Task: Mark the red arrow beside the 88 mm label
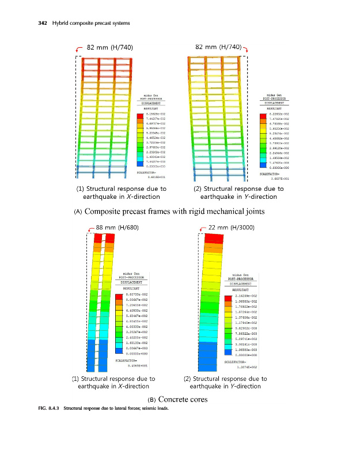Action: [x=89, y=229]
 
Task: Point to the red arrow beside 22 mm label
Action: [x=201, y=229]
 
